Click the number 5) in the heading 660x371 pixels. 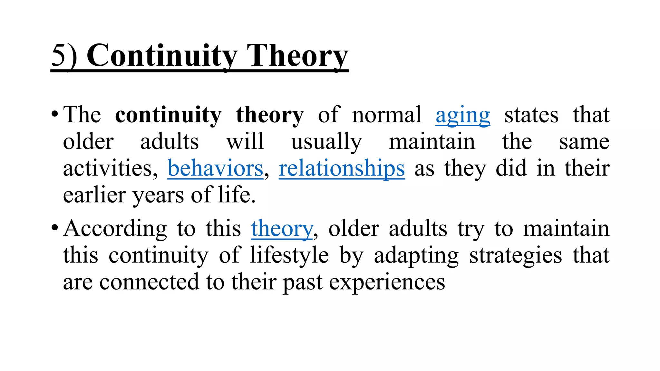pos(64,55)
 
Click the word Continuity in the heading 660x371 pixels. pos(162,55)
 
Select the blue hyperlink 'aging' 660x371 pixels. pos(463,115)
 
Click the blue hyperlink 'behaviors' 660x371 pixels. pos(215,168)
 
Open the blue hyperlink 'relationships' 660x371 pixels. pos(342,168)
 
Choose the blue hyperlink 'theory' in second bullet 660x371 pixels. pos(282,229)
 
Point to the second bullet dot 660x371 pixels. pos(54,228)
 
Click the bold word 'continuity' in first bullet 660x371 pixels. pos(168,115)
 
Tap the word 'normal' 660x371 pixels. pos(387,115)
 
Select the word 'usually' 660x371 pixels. pos(326,142)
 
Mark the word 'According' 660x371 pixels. pos(115,229)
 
